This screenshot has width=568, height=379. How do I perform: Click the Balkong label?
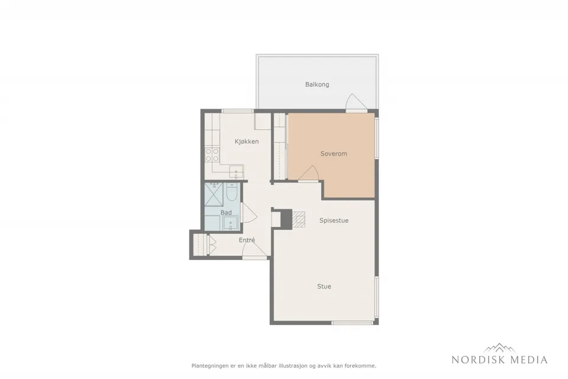317,85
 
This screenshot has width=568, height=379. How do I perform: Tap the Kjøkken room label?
247,142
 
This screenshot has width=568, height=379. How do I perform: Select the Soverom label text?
334,154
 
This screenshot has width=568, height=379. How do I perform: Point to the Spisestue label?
334,220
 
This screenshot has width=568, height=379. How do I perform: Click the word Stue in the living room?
324,287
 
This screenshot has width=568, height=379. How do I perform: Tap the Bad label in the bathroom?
226,213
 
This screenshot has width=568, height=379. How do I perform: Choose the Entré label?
247,240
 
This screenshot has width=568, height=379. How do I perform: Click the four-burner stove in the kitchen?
212,155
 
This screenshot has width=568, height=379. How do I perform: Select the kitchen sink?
237,171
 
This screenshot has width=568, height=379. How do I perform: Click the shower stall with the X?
214,195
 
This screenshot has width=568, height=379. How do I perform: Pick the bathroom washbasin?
230,223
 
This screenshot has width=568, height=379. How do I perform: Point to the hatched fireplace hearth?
299,220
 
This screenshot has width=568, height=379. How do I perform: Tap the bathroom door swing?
249,213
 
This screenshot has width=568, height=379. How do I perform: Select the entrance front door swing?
254,248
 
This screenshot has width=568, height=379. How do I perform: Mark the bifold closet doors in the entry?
212,245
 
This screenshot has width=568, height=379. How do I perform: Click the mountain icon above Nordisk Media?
499,348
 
